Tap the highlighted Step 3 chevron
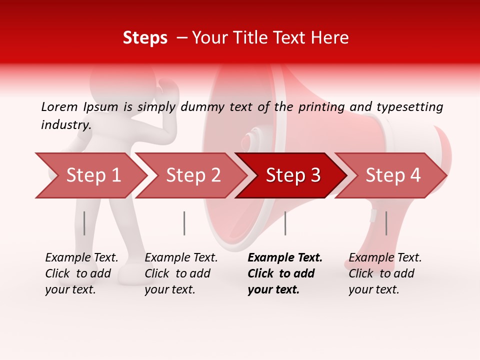(293, 175)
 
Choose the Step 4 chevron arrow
(393, 175)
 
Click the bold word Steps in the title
(145, 38)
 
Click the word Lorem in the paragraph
(59, 106)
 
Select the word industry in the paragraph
(65, 124)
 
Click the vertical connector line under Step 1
(84, 223)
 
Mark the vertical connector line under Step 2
(184, 223)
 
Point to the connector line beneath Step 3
(285, 223)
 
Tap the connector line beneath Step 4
(386, 223)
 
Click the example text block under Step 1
(81, 273)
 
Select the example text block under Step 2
(181, 273)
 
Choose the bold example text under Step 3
(285, 273)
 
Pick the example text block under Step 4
(385, 273)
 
